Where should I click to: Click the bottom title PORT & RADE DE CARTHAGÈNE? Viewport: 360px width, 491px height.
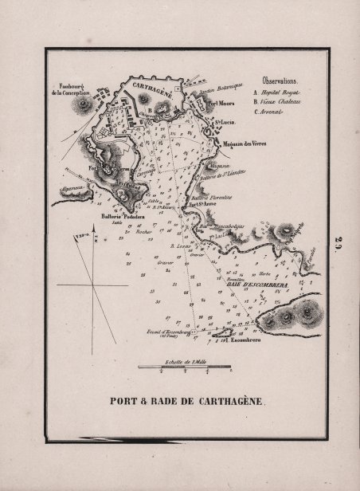click(179, 402)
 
